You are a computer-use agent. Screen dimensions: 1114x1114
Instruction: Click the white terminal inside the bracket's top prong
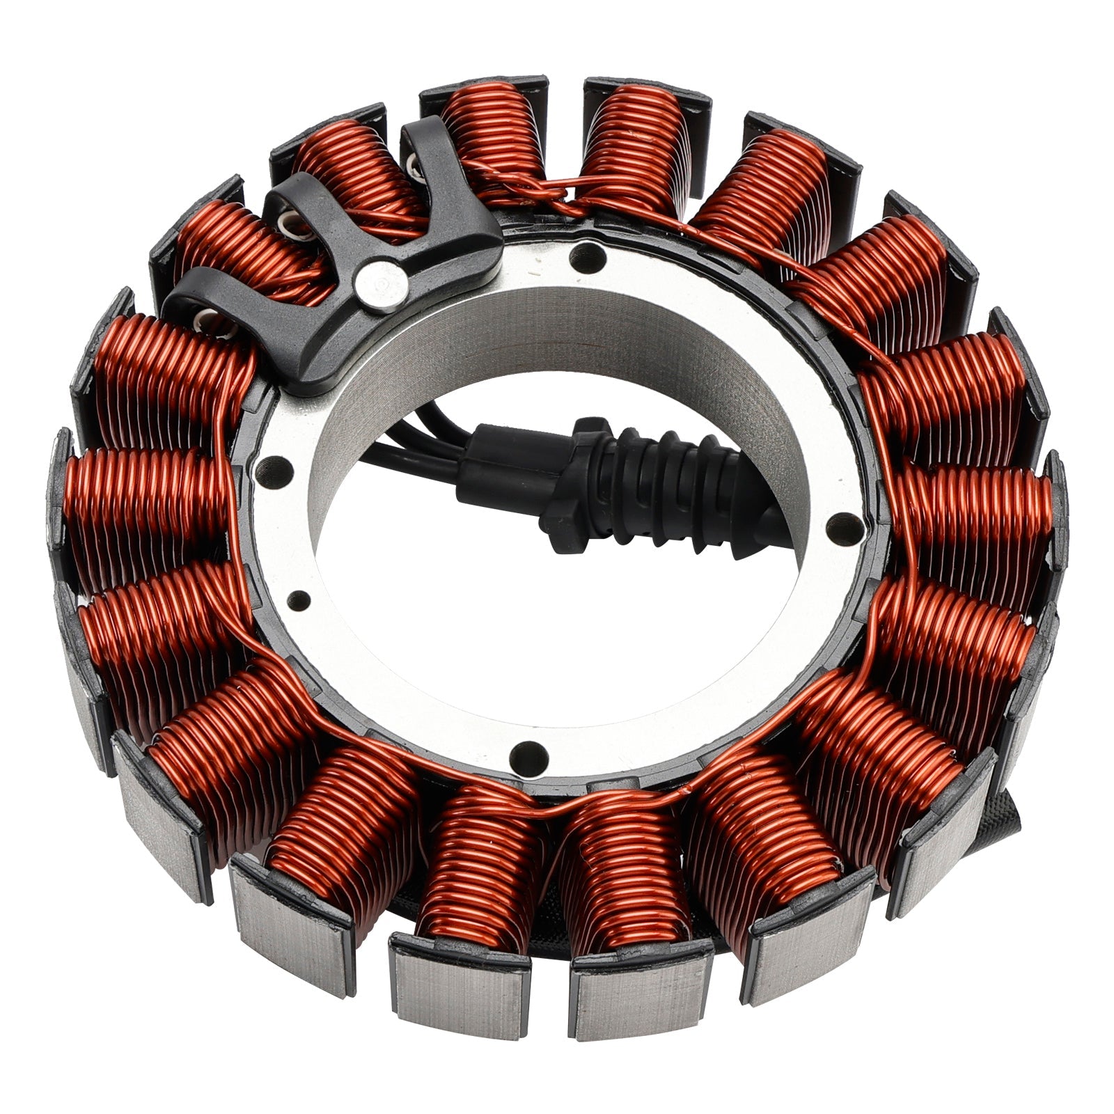click(x=413, y=164)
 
